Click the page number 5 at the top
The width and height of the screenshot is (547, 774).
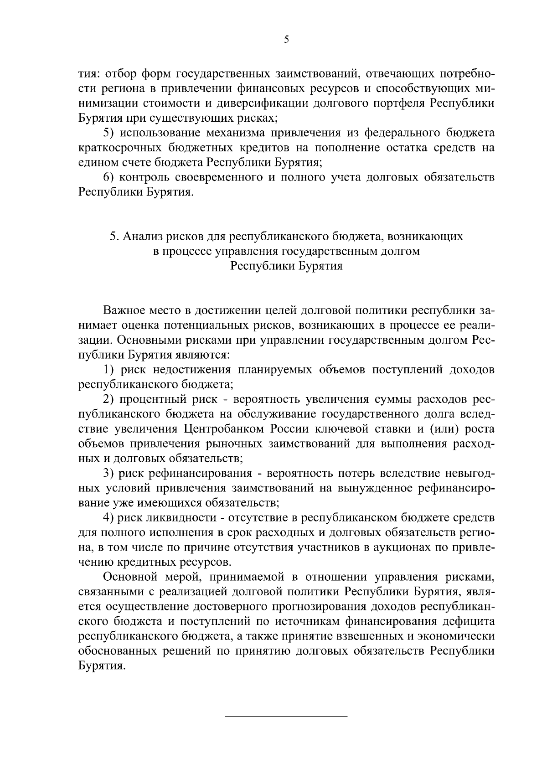286,40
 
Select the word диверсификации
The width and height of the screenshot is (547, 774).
259,103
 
